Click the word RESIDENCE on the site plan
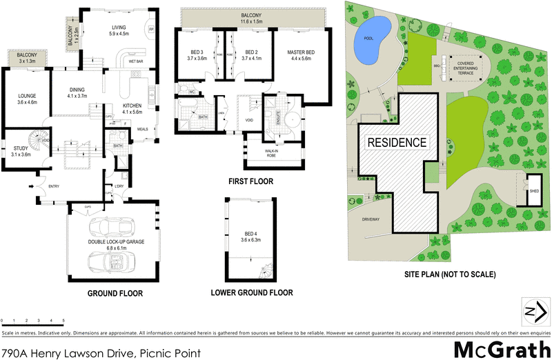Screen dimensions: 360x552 pos(396,143)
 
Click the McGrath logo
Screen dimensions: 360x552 pos(501,349)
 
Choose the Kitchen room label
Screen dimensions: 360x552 pos(132,108)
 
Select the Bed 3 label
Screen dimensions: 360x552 pos(197,55)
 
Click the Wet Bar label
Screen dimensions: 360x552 pos(135,61)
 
